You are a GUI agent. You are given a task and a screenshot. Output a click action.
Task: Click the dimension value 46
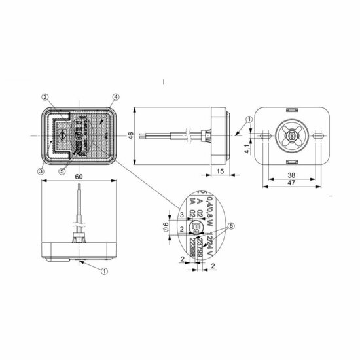[130, 135]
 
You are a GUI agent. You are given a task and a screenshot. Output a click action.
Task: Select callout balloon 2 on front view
[45, 98]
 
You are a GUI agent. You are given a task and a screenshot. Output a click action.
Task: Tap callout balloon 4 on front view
[115, 98]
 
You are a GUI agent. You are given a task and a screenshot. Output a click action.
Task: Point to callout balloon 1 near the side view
[249, 119]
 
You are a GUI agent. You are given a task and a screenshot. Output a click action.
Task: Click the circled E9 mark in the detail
[196, 228]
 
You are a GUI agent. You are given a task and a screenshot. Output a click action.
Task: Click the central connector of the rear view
[290, 135]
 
